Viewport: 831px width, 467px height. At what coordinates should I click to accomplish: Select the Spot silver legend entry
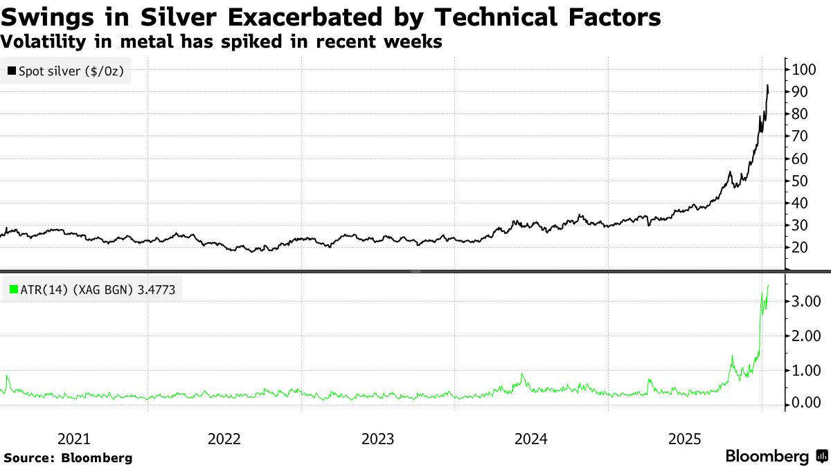click(66, 71)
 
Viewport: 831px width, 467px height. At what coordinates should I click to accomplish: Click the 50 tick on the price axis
click(800, 181)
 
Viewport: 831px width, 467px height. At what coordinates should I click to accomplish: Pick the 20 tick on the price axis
click(800, 248)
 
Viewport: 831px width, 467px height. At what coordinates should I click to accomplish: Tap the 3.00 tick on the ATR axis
click(807, 302)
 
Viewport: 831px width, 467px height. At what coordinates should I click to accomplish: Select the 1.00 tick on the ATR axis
click(807, 370)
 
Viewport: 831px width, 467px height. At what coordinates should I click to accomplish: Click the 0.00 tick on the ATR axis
click(807, 403)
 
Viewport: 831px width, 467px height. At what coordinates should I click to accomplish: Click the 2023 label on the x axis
click(378, 439)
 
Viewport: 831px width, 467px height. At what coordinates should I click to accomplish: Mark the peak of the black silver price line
click(767, 86)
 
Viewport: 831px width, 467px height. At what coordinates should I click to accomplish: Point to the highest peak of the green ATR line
click(768, 285)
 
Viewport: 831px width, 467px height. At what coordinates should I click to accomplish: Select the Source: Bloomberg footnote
click(68, 457)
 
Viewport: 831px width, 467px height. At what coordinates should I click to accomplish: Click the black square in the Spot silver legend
click(12, 71)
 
